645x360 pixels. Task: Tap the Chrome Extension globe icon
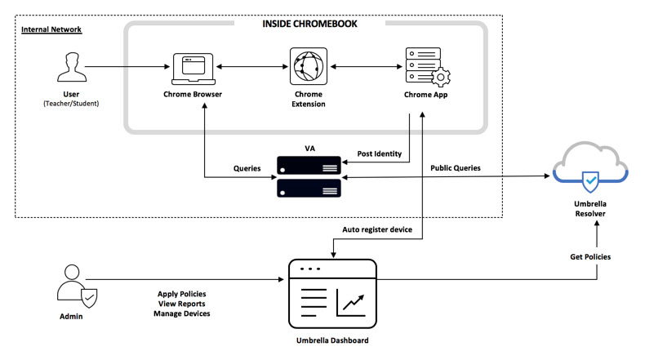[x=308, y=66]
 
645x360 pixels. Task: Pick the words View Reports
[x=181, y=303]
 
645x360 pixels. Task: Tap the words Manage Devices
[x=181, y=313]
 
